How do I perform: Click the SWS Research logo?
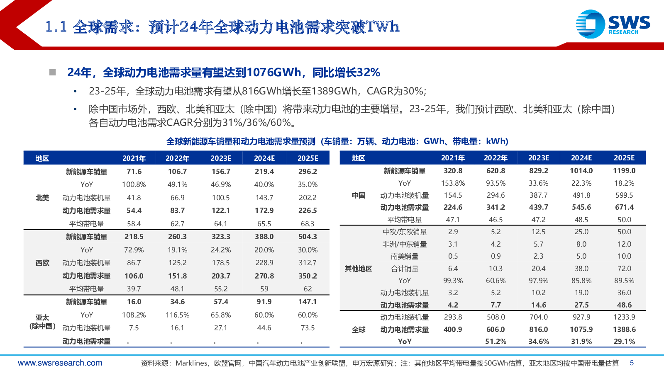(613, 24)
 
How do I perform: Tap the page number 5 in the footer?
(632, 363)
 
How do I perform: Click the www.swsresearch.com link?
(60, 363)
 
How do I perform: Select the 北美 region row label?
(42, 198)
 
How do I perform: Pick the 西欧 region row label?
(42, 263)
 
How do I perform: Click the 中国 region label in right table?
(359, 195)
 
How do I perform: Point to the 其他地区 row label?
(359, 269)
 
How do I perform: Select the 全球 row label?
(359, 329)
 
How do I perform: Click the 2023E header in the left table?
(221, 158)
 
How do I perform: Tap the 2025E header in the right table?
(624, 158)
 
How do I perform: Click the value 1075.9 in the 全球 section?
(581, 329)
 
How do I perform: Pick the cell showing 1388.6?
(624, 329)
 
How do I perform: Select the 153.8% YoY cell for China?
(453, 183)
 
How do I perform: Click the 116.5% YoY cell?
(177, 315)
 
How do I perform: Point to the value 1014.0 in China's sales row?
(581, 171)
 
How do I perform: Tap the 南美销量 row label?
(405, 257)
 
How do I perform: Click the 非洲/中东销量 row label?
(405, 244)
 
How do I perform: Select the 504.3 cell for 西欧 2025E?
(308, 237)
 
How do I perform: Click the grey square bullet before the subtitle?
(53, 73)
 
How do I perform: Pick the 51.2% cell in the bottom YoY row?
(496, 342)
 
